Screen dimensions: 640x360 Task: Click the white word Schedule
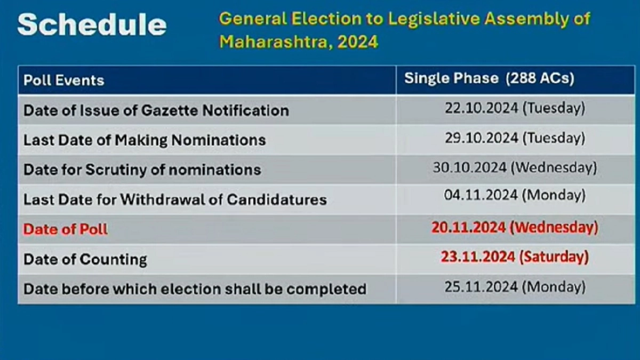(x=92, y=25)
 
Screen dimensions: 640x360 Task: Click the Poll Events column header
(x=63, y=81)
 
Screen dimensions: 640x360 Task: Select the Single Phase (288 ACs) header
(x=489, y=78)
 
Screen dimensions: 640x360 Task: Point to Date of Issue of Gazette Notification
(x=156, y=110)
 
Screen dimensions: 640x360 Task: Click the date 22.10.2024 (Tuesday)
(x=515, y=108)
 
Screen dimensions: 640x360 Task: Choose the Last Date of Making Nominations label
(x=145, y=140)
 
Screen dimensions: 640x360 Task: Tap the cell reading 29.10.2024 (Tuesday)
(x=515, y=138)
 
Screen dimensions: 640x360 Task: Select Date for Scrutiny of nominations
(x=142, y=170)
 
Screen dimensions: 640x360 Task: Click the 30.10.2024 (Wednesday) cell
(x=515, y=167)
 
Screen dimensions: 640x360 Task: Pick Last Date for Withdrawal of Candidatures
(x=175, y=199)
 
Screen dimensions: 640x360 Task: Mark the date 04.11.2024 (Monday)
(x=515, y=195)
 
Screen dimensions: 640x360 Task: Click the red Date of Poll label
(x=66, y=229)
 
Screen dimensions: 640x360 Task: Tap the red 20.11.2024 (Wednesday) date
(x=515, y=228)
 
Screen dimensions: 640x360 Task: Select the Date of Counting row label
(x=85, y=259)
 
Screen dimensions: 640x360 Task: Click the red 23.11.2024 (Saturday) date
(x=515, y=257)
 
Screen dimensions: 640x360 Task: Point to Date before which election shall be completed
(x=195, y=289)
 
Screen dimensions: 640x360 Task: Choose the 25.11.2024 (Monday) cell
(x=515, y=287)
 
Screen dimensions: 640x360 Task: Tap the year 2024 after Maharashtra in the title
(x=358, y=42)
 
